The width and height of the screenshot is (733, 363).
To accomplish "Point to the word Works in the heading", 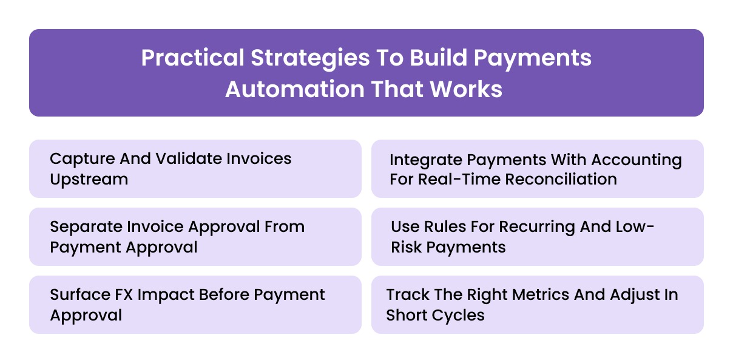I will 467,89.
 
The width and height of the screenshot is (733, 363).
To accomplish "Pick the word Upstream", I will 89,179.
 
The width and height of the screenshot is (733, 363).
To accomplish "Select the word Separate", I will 86,227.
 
